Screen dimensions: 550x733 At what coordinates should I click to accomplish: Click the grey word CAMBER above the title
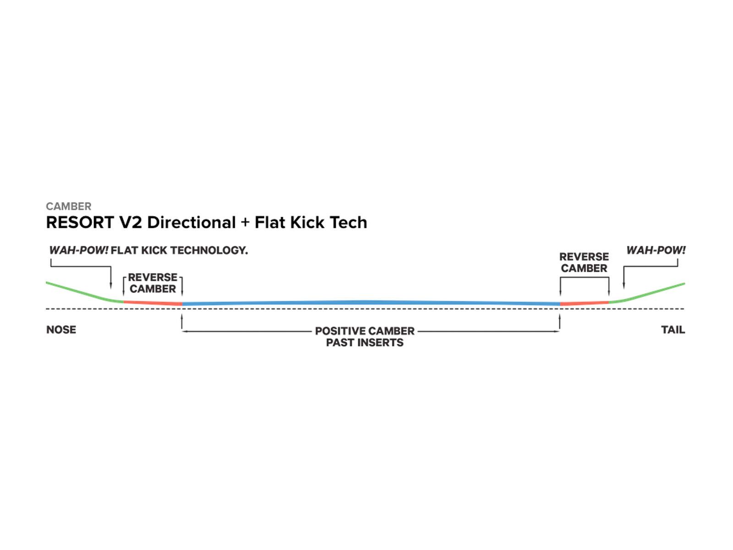[x=69, y=206]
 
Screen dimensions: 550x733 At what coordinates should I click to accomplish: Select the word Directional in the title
[x=191, y=223]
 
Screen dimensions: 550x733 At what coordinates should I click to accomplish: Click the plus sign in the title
[x=245, y=223]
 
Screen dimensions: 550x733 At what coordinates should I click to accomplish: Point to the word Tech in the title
[x=349, y=223]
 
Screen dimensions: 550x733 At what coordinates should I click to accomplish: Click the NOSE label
[x=61, y=330]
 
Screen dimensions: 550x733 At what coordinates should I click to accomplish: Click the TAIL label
[x=673, y=330]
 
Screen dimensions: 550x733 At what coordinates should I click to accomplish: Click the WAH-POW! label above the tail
[x=656, y=251]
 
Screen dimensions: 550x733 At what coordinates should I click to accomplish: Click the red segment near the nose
[x=153, y=302]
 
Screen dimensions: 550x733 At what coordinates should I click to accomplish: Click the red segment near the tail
[x=584, y=303]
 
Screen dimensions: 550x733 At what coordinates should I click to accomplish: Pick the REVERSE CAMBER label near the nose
[x=153, y=283]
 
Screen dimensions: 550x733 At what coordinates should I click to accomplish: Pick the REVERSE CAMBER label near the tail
[x=584, y=263]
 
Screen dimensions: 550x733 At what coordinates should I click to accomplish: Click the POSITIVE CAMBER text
[x=365, y=331]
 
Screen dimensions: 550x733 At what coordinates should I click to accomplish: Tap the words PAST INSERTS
[x=365, y=343]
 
